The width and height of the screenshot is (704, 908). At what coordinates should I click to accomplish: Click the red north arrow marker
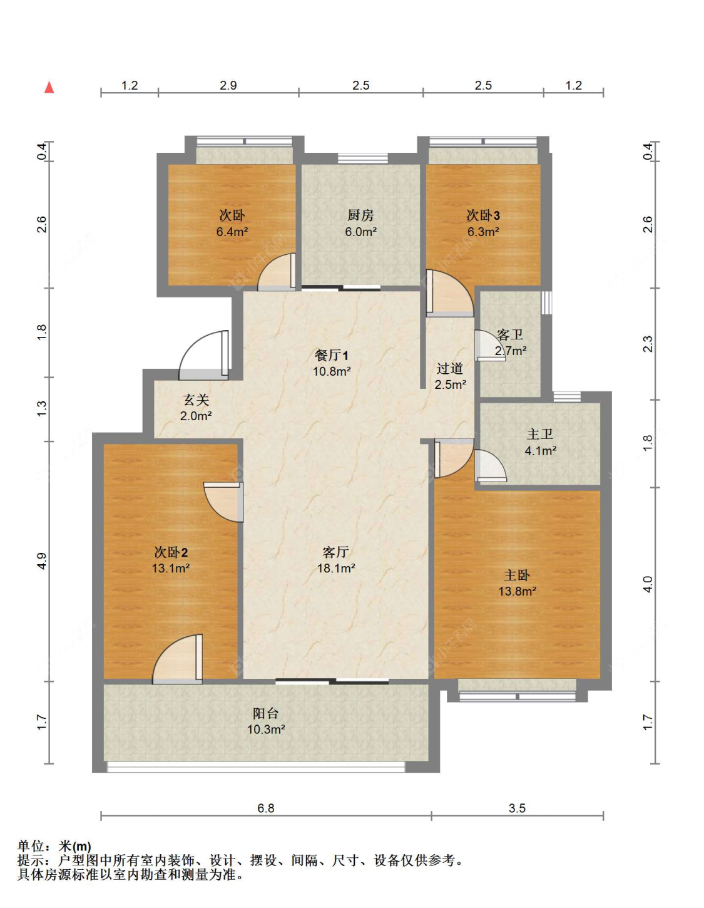[49, 87]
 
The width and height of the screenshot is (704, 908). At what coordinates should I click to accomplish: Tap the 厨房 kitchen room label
[360, 215]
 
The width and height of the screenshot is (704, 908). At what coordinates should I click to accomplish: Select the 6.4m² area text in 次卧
[232, 232]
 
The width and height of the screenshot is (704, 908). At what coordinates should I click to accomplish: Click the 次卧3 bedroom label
[483, 215]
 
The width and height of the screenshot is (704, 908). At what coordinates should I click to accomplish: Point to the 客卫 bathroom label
[510, 334]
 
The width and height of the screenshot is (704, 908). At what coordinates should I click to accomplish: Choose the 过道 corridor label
[450, 369]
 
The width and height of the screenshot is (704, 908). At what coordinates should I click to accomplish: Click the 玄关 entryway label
[196, 400]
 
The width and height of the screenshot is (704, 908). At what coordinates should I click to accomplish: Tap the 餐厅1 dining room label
[332, 356]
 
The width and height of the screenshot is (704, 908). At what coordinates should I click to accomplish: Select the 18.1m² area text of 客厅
[336, 569]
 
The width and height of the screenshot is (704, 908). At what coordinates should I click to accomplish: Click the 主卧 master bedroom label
[516, 575]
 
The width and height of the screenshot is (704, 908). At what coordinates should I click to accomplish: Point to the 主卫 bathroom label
[540, 434]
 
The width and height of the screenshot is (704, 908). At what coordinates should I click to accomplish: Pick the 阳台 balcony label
[265, 713]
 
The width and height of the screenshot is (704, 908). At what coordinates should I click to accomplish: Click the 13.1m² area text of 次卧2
[171, 569]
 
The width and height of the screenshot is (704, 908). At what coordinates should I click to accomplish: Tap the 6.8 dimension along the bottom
[265, 808]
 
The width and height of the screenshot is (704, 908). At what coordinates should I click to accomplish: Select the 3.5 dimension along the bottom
[517, 808]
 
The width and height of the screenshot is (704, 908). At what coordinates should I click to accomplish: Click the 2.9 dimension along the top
[228, 85]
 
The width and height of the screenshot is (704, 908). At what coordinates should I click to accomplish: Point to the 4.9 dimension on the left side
[42, 560]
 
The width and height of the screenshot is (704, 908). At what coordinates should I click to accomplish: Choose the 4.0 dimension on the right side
[648, 584]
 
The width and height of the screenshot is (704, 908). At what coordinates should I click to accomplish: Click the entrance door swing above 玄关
[204, 355]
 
